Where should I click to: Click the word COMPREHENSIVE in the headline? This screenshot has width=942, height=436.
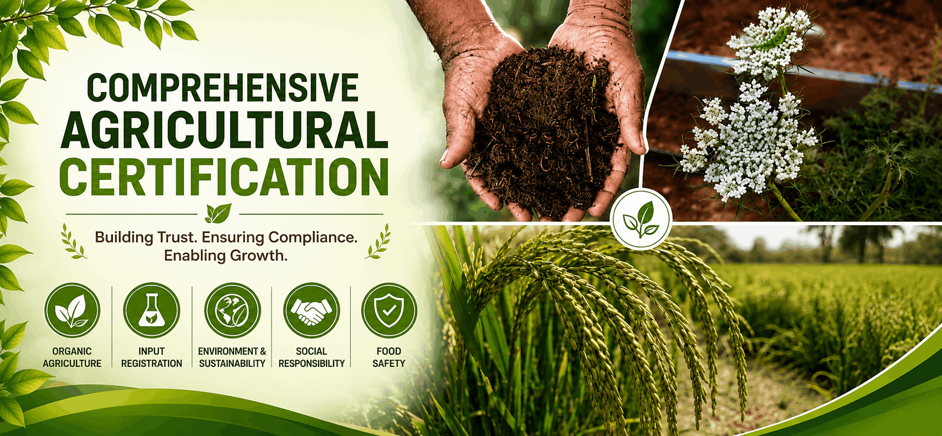(x=223, y=87)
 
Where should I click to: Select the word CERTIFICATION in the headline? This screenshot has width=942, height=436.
(x=224, y=176)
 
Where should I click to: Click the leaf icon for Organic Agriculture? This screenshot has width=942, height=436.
(x=72, y=310)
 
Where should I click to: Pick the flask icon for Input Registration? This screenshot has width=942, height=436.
(x=152, y=310)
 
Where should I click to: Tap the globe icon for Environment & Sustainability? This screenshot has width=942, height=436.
(x=232, y=310)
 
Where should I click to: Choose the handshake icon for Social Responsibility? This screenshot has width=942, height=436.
(x=311, y=310)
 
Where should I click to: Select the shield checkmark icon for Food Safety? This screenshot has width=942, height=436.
(x=389, y=310)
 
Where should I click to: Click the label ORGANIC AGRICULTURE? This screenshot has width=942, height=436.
(x=72, y=357)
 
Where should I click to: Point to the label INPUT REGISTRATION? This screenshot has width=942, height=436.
(x=152, y=357)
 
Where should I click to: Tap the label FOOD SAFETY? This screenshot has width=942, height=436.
(x=389, y=357)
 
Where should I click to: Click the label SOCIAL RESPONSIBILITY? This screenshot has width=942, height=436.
(x=311, y=357)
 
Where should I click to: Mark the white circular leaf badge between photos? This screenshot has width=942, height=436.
(x=641, y=219)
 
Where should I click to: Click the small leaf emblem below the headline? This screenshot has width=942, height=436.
(x=219, y=214)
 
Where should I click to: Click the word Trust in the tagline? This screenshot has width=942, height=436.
(x=175, y=237)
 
